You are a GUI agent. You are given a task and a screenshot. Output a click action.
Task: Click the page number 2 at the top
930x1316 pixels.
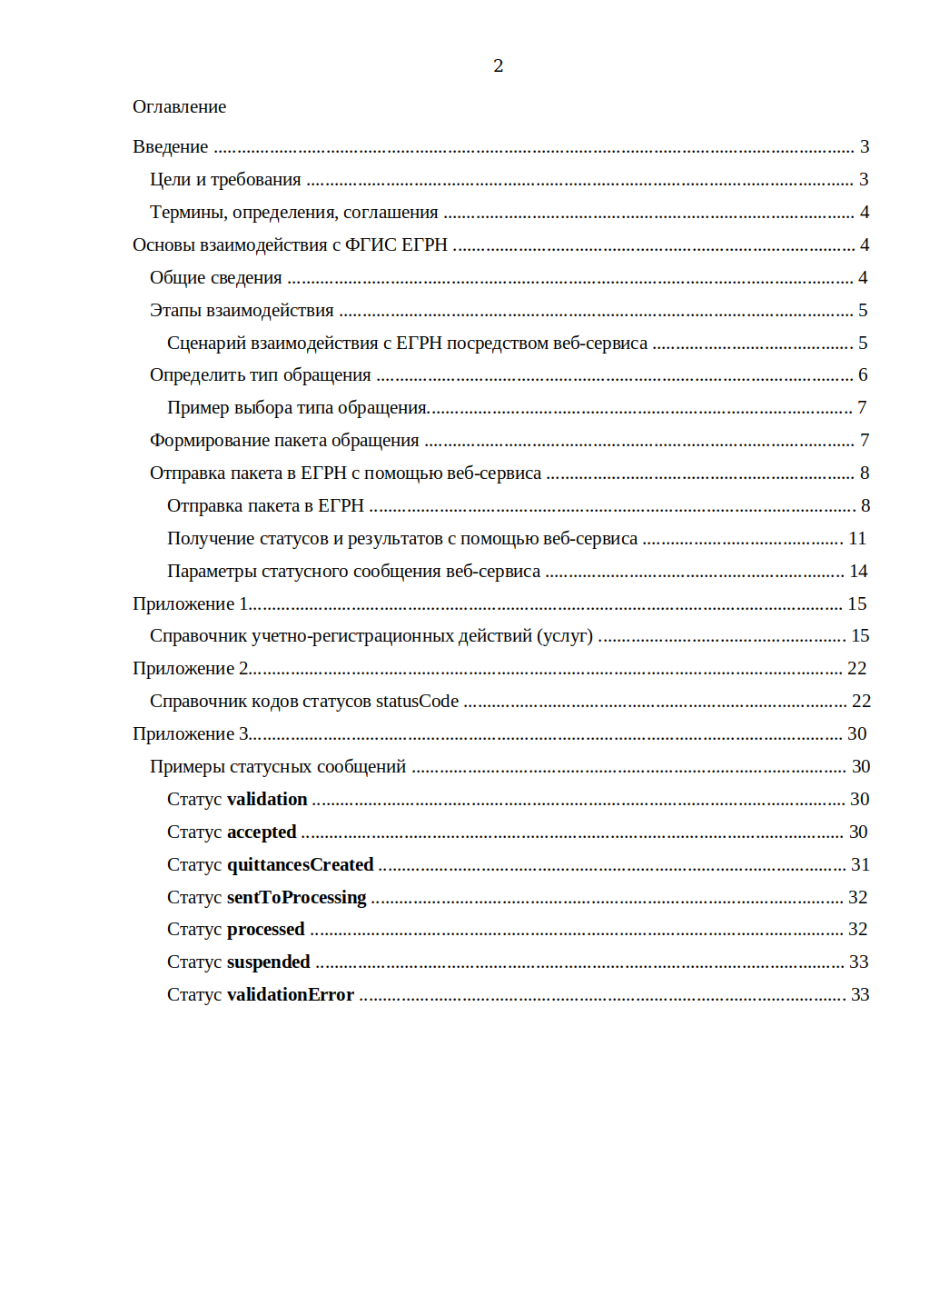tap(498, 65)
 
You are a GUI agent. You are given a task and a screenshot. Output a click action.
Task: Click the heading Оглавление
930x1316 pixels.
tap(179, 106)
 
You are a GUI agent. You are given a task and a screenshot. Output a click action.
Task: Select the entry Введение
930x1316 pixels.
tap(170, 146)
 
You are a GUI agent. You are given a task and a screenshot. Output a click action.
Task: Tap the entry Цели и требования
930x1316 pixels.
tap(225, 179)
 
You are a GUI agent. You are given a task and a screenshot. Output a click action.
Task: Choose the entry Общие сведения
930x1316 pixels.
tap(215, 277)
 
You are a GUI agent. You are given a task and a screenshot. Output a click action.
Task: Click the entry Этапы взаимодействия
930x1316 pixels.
tap(242, 310)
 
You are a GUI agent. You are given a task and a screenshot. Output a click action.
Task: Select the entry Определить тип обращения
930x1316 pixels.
tap(260, 374)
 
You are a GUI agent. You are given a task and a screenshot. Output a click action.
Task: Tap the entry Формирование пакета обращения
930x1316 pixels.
tap(284, 440)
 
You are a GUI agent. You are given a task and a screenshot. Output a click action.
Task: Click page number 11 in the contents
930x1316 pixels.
tap(857, 538)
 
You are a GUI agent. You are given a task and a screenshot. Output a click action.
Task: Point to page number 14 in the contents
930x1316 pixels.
tap(858, 571)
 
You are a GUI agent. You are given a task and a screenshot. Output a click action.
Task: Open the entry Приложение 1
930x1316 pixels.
tap(190, 603)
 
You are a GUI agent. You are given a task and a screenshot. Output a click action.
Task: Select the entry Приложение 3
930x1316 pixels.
tap(190, 733)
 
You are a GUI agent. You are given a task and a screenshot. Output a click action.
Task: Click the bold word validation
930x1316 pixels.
tap(267, 799)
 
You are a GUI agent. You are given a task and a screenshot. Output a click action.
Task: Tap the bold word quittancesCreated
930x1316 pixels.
tap(300, 864)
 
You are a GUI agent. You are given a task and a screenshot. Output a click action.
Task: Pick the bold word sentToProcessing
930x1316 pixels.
tap(296, 897)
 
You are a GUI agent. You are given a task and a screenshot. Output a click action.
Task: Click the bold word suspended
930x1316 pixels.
tap(268, 962)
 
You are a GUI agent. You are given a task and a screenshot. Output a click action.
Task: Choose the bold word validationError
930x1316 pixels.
tap(290, 994)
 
